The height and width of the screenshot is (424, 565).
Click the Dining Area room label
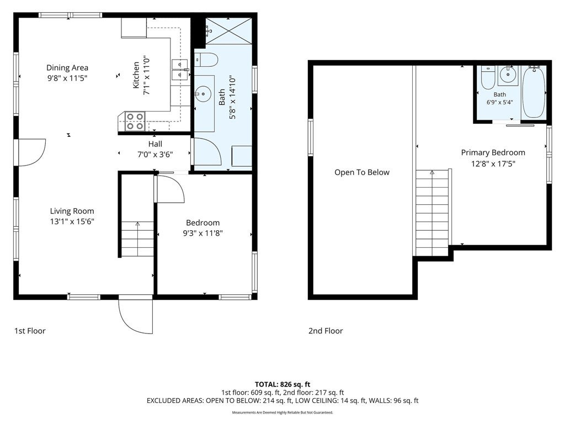(67, 68)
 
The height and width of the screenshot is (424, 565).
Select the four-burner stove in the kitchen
(135, 121)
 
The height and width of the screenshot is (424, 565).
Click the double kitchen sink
(180, 69)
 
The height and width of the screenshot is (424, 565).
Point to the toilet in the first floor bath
(206, 60)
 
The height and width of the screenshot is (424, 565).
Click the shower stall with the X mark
(228, 31)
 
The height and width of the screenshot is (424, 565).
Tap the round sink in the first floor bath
(203, 94)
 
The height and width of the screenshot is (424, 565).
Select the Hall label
(155, 144)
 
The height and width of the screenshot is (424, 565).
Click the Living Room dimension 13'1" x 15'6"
(72, 221)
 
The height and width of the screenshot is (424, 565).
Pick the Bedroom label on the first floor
(203, 223)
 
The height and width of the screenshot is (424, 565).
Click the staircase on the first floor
(137, 239)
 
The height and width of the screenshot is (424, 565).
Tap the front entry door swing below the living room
(136, 315)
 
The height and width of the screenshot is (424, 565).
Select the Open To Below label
(362, 172)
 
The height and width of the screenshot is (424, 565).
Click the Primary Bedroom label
(493, 152)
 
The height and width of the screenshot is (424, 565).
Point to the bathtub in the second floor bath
(534, 92)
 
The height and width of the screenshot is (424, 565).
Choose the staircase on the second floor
(432, 213)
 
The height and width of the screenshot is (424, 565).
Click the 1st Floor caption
(30, 331)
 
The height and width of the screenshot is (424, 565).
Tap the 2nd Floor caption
(326, 331)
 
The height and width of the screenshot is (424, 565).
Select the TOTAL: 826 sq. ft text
(282, 384)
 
